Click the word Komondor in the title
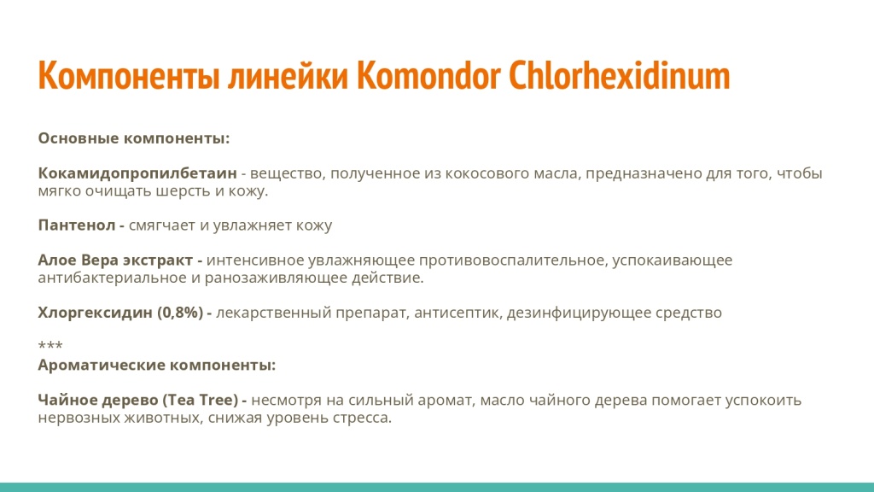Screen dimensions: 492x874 428,76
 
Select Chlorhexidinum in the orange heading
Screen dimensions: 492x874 620,76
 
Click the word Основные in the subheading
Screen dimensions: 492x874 79,138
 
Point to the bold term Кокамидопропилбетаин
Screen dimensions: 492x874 137,173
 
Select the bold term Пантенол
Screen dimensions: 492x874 76,225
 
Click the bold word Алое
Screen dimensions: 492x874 57,260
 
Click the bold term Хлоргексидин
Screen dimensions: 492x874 95,313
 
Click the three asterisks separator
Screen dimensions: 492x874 50,347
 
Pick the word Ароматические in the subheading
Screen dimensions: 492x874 102,365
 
